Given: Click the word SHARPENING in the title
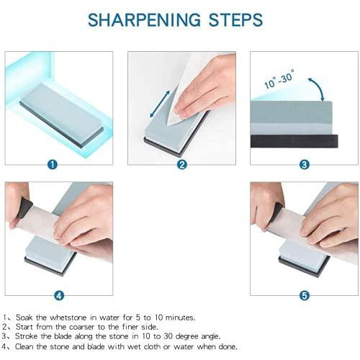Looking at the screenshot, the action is pos(144,19).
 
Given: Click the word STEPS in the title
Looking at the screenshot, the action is pos(235,19).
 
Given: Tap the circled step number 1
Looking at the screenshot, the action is pos(53,165).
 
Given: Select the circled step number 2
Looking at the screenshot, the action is pos(182,165).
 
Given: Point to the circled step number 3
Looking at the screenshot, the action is pos(305,165).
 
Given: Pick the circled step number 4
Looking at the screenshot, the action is pos(59,295).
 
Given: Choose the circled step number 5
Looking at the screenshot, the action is pos(305,295).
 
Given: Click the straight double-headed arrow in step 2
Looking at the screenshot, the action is pos(160,104).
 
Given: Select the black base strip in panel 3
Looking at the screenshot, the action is pos(294,141).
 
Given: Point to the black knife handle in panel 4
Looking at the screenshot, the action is pos(24,208).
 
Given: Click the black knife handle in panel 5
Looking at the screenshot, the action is pos(276,212).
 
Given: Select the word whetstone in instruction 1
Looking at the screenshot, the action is pos(68,318).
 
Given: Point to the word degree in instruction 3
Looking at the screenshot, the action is pos(186,336).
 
